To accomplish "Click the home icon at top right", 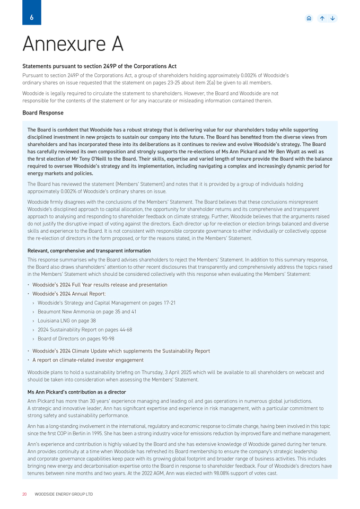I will [x=309, y=18].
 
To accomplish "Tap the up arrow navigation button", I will [x=322, y=18].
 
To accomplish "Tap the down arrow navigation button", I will [x=332, y=18].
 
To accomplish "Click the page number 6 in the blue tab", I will [x=31, y=17].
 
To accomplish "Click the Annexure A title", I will [x=73, y=44].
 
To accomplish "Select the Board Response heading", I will [x=43, y=113].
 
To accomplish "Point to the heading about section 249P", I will [x=99, y=66].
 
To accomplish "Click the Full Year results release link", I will [x=100, y=285].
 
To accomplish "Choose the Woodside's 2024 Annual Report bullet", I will [x=69, y=294].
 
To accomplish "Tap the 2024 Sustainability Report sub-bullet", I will [x=85, y=330].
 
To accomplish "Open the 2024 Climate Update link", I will [x=121, y=351].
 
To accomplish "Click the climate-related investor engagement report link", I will [x=88, y=360].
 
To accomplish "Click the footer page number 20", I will [x=24, y=494].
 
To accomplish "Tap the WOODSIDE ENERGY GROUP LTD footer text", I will [x=64, y=494].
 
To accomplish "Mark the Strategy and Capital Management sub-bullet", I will [x=107, y=303].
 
